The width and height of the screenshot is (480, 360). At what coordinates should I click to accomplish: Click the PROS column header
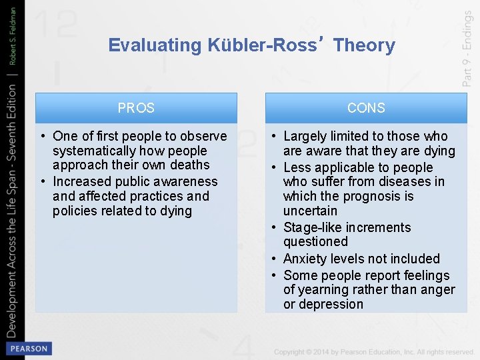[136, 108]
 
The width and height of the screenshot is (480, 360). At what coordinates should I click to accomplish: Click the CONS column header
[366, 108]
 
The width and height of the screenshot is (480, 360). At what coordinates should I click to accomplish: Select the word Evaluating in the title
[155, 45]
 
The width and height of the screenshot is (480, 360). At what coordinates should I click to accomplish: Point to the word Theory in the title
[364, 45]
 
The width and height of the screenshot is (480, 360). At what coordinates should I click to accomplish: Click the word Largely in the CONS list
[305, 137]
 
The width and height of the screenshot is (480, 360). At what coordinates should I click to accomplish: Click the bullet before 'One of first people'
[43, 137]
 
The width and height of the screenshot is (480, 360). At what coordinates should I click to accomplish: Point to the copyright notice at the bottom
[373, 351]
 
